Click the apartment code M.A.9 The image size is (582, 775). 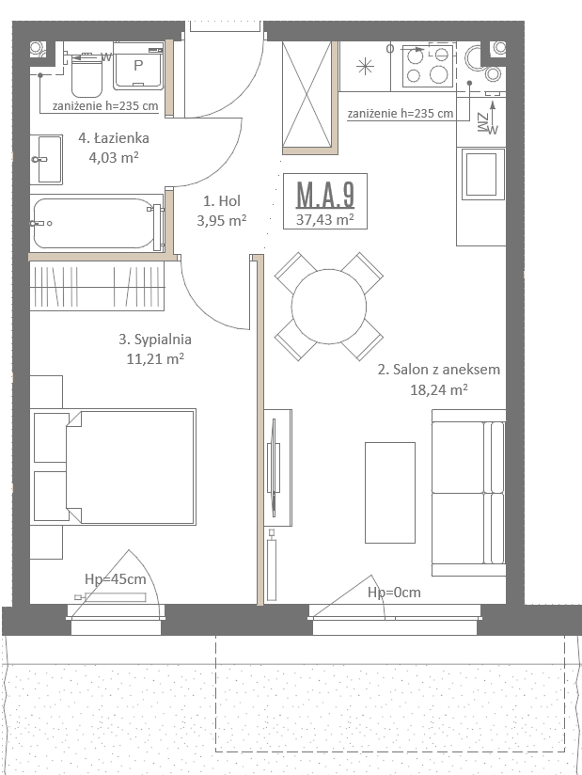pyautogui.click(x=325, y=195)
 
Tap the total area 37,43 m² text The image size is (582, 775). pyautogui.click(x=325, y=219)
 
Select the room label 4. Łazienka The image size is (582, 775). pyautogui.click(x=114, y=138)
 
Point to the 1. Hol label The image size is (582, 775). pyautogui.click(x=222, y=200)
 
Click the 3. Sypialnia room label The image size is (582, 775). pyautogui.click(x=155, y=340)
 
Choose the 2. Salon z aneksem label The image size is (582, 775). pyautogui.click(x=439, y=370)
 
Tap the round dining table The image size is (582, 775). pyautogui.click(x=329, y=307)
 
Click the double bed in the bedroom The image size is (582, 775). pyautogui.click(x=114, y=467)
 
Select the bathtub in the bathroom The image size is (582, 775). pyautogui.click(x=97, y=224)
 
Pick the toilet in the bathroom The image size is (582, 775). pyautogui.click(x=87, y=75)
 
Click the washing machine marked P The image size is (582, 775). pyautogui.click(x=138, y=66)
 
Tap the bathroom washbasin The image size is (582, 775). pyautogui.click(x=46, y=159)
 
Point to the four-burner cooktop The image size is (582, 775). pyautogui.click(x=428, y=66)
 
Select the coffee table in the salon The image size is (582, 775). pyautogui.click(x=390, y=493)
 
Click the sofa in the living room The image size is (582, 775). pyautogui.click(x=468, y=493)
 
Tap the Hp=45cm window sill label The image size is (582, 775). pyautogui.click(x=115, y=579)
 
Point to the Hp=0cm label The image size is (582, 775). pyautogui.click(x=394, y=593)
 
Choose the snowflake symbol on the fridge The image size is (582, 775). pyautogui.click(x=365, y=66)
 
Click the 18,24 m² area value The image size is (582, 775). pyautogui.click(x=439, y=389)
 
